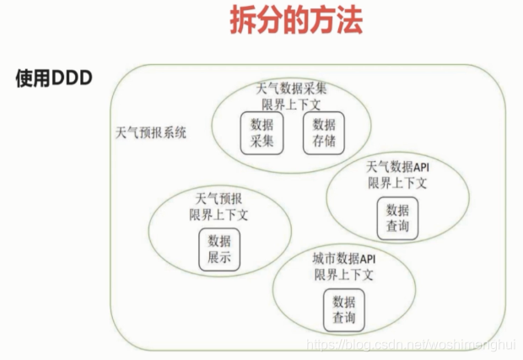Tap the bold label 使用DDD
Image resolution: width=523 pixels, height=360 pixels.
[x=53, y=78]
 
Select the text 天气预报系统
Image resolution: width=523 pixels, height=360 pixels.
[x=151, y=133]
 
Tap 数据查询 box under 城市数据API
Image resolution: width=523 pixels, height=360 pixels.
[x=343, y=311]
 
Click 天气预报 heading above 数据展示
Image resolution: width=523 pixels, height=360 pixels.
[x=218, y=199]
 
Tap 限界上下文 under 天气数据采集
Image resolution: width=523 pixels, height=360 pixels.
[x=291, y=104]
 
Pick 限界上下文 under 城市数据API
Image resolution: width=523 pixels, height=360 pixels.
[x=343, y=275]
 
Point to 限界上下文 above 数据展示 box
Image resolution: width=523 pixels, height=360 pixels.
[x=218, y=214]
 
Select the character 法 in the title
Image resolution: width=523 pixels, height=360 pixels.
[x=348, y=21]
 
